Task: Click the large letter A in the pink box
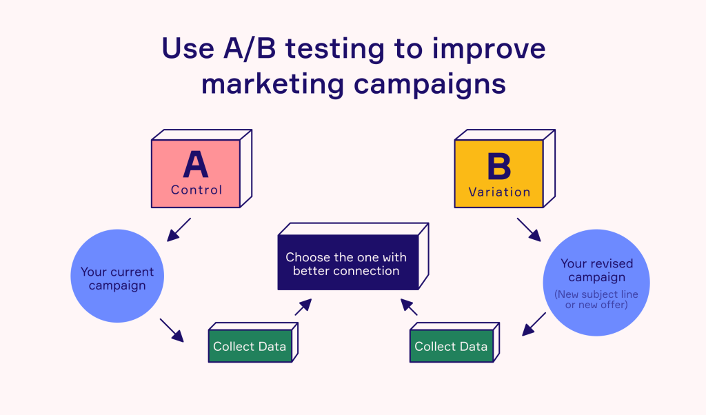pos(196,166)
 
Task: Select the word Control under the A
pos(196,190)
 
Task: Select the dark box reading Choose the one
pos(347,263)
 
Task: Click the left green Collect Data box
pos(249,346)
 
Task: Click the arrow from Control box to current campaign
pos(179,230)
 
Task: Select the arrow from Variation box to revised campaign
pos(529,230)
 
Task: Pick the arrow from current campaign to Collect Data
pos(172,330)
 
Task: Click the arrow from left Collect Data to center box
pos(303,307)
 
